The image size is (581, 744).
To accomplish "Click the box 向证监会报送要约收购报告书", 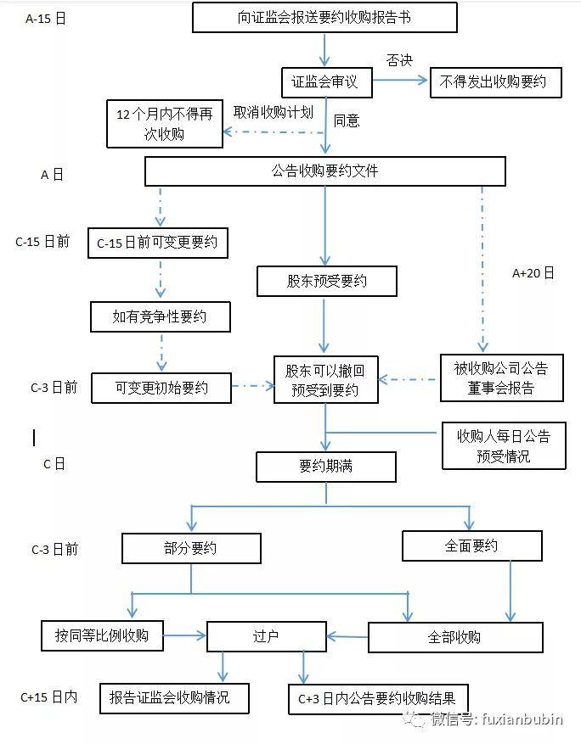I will (324, 17).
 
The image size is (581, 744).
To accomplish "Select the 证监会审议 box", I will (324, 82).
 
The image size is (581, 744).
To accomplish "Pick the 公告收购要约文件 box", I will (324, 171).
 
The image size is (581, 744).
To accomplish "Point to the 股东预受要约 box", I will (327, 281).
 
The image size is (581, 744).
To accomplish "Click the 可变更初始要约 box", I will (161, 388).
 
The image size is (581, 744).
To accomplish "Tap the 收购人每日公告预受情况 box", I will (503, 445).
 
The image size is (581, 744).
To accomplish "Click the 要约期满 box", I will (325, 466).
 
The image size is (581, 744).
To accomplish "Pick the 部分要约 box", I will (190, 547).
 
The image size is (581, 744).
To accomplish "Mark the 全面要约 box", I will (471, 545).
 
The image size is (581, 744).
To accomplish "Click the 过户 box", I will (266, 636).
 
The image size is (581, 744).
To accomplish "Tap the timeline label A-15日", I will (46, 17).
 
